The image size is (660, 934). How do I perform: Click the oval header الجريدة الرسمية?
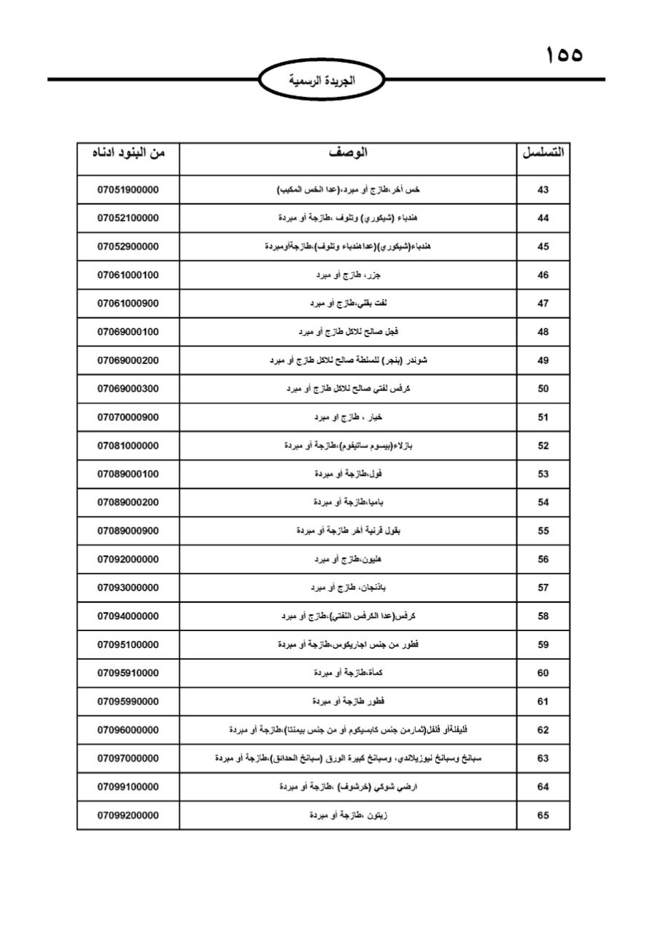click(322, 81)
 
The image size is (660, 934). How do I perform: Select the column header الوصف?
click(348, 153)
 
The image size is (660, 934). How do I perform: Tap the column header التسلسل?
click(543, 153)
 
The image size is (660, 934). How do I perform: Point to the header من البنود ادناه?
click(128, 153)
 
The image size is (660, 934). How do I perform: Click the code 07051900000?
click(128, 190)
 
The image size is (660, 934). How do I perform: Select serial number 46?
click(543, 275)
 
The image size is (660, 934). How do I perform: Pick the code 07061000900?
click(128, 304)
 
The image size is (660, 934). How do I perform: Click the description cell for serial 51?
click(348, 417)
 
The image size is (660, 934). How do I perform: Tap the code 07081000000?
click(128, 446)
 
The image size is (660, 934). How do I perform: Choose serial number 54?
click(543, 503)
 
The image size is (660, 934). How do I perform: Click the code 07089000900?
click(128, 531)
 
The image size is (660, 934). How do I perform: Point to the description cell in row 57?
click(348, 587)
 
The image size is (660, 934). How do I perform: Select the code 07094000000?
click(128, 617)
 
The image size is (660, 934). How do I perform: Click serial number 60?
click(543, 674)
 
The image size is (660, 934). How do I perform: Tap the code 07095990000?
click(128, 702)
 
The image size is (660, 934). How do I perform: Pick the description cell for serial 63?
click(348, 759)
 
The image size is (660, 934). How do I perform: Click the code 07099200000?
click(128, 816)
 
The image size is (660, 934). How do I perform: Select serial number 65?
click(543, 816)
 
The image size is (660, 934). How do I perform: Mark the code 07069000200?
click(128, 360)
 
